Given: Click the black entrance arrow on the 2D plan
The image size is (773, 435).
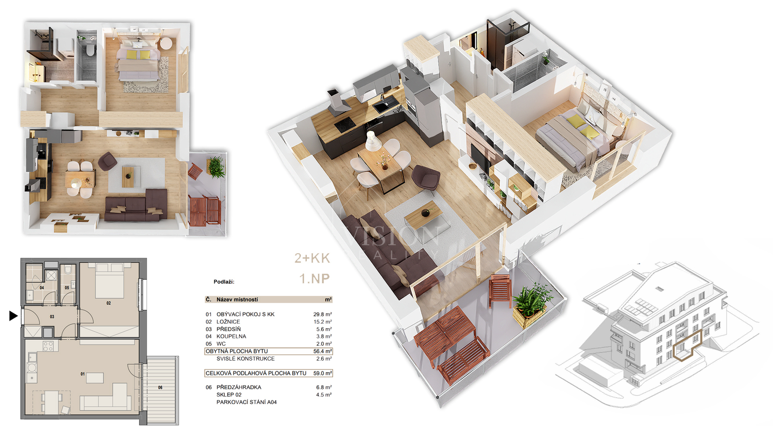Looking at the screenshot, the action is click(13, 316).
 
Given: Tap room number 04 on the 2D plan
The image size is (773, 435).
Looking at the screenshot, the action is click(42, 288).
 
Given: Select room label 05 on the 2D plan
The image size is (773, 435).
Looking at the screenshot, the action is click(67, 288).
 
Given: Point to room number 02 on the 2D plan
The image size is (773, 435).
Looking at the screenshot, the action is click(109, 303).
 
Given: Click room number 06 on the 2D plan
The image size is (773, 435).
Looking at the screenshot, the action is click(160, 387).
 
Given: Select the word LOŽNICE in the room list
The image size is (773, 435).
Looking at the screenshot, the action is click(228, 322).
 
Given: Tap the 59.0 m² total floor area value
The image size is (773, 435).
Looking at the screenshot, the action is click(323, 373).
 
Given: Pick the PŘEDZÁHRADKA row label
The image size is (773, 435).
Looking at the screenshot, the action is click(239, 387).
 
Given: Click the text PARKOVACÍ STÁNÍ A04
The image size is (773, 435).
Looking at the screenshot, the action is click(246, 402).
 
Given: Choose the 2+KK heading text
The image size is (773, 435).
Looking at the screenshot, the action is click(312, 258).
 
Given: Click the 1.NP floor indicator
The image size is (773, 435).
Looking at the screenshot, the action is click(315, 278).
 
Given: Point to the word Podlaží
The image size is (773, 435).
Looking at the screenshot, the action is click(224, 282).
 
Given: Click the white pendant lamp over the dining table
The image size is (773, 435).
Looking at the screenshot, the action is click(373, 141).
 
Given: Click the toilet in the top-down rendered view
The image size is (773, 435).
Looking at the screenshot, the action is click(90, 50).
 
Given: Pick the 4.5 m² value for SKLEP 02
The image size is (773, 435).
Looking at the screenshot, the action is click(324, 394).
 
